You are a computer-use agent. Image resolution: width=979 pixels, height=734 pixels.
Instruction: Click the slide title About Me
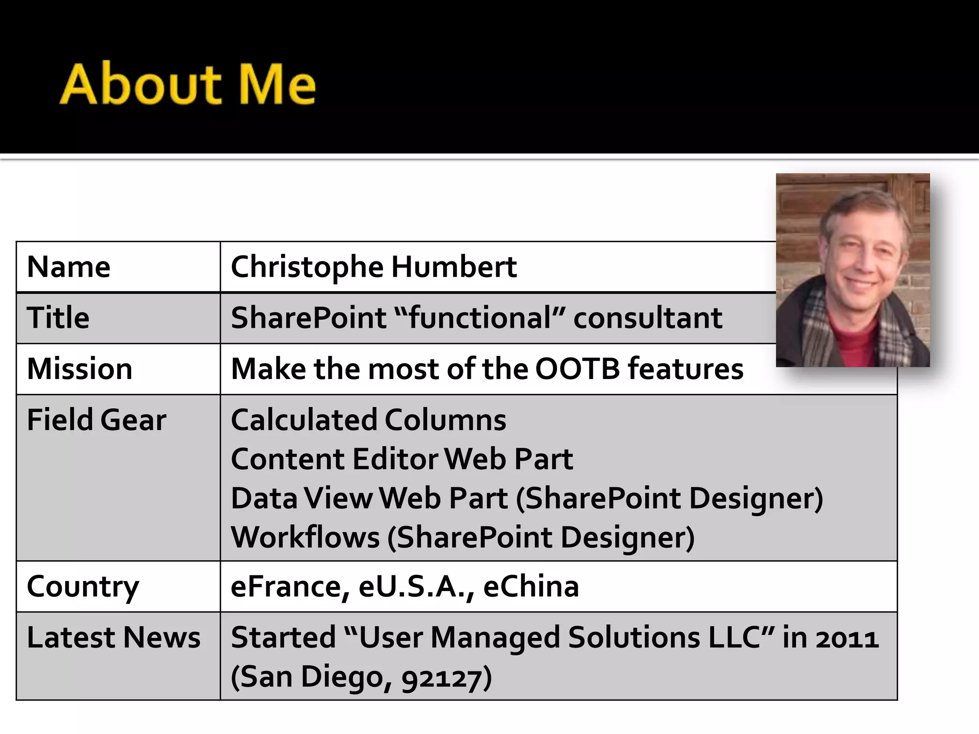point(187,85)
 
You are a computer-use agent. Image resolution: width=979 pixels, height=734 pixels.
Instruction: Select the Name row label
point(69,267)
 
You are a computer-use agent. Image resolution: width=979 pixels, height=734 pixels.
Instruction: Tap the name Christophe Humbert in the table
point(373,267)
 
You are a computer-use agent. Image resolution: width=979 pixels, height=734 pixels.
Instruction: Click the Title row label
point(58,318)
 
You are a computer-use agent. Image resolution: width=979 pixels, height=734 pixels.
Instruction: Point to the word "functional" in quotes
point(480,318)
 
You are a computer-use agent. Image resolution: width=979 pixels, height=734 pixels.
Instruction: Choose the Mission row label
point(79,369)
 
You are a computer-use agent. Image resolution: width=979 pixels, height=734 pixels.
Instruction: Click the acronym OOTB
point(577,369)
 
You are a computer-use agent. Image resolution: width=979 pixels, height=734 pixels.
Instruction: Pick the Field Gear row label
point(96,420)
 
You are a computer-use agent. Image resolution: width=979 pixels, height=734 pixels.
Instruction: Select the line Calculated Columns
point(368,420)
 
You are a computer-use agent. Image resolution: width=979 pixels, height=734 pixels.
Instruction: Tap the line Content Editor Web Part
point(402,459)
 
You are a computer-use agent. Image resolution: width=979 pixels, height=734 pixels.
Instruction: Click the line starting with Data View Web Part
point(526,498)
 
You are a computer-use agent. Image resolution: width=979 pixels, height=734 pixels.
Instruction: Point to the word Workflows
point(305,538)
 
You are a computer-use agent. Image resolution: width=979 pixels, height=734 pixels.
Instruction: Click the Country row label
point(83,586)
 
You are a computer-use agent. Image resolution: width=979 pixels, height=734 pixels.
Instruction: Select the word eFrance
point(290,586)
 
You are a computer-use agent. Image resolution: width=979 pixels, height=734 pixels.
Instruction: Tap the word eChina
point(531,586)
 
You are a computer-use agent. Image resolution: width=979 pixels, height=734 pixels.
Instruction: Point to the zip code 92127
point(441,678)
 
